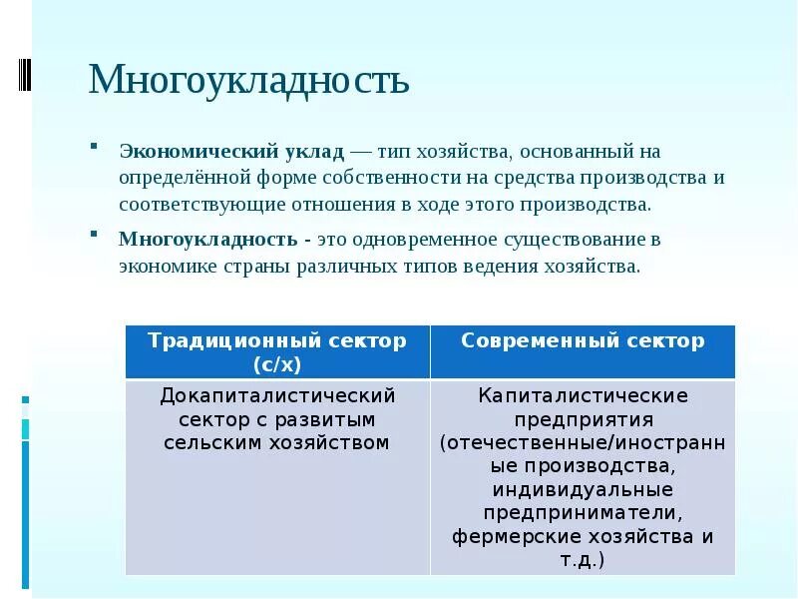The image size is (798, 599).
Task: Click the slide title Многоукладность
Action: [x=248, y=80]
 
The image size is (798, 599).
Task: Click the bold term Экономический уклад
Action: [x=231, y=152]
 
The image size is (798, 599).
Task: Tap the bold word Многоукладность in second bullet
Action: [x=207, y=241]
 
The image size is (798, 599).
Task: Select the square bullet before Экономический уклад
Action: [x=93, y=146]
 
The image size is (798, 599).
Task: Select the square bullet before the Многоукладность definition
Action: [x=93, y=235]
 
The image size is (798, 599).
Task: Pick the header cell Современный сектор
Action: [x=583, y=341]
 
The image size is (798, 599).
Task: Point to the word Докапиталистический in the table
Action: [x=277, y=395]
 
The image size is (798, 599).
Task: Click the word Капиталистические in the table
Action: [x=583, y=395]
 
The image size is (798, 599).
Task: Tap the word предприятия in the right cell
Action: [x=583, y=419]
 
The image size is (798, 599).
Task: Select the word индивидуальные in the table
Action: [x=583, y=490]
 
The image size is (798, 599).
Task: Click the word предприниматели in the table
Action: [x=583, y=513]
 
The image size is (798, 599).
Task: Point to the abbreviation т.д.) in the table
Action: [x=583, y=560]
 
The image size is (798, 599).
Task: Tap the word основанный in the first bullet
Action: [x=564, y=152]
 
